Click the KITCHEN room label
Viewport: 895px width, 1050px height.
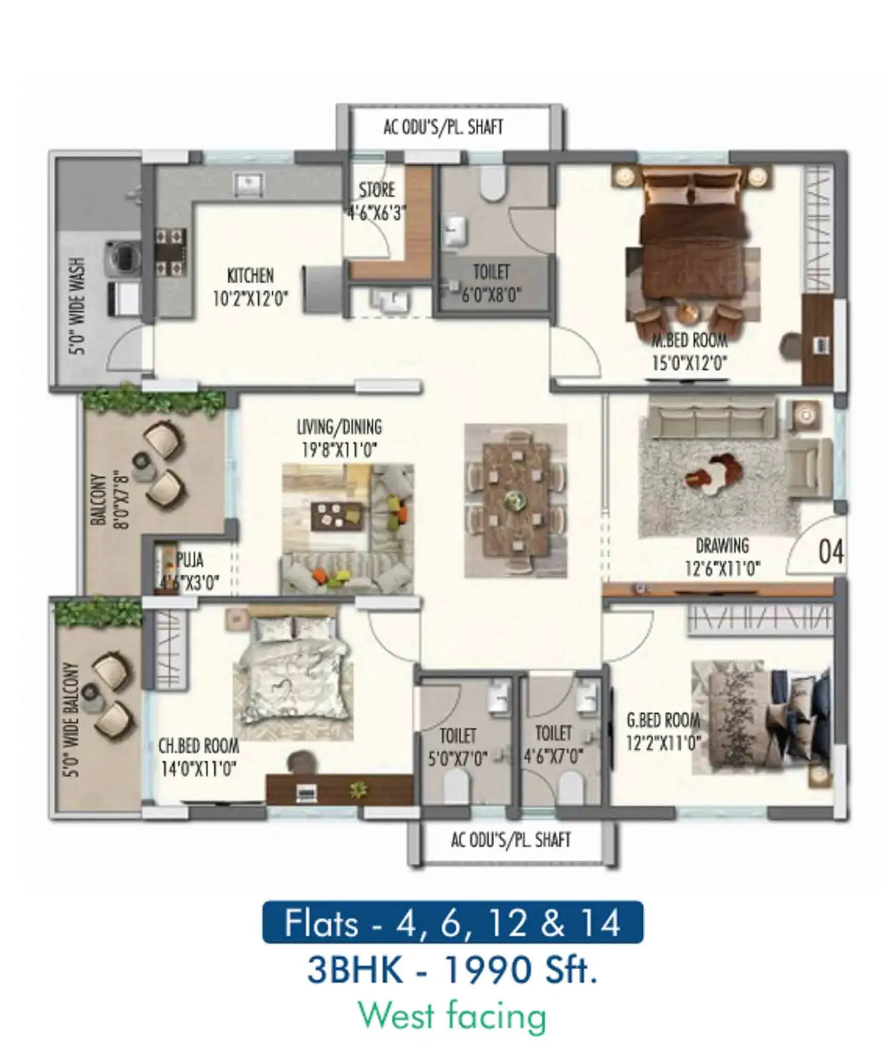pyautogui.click(x=251, y=275)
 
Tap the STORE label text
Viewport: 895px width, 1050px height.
pyautogui.click(x=377, y=190)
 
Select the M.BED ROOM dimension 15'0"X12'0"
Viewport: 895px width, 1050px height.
pyautogui.click(x=689, y=364)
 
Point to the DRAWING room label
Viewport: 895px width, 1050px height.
pyautogui.click(x=722, y=546)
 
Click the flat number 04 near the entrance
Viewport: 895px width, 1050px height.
pyautogui.click(x=830, y=552)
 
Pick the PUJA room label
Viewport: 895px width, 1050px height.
pyautogui.click(x=190, y=560)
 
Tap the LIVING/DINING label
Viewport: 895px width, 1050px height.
pyautogui.click(x=339, y=427)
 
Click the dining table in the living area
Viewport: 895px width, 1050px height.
pyautogui.click(x=516, y=500)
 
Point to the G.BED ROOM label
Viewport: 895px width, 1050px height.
pyautogui.click(x=663, y=720)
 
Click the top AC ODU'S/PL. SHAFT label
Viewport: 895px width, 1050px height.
pyautogui.click(x=443, y=127)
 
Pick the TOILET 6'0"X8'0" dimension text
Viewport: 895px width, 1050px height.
pyautogui.click(x=492, y=295)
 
